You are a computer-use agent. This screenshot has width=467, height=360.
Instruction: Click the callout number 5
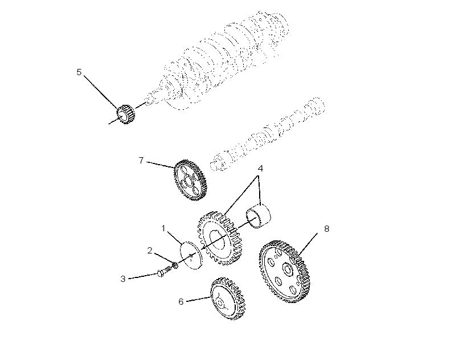click(x=79, y=72)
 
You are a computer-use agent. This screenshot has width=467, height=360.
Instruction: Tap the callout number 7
click(x=141, y=161)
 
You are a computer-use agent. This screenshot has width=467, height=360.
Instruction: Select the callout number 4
click(x=260, y=169)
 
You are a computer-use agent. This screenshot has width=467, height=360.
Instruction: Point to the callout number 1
click(x=163, y=228)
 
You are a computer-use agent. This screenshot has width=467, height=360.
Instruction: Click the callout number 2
click(x=150, y=251)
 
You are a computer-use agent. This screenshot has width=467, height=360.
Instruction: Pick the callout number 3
click(x=123, y=279)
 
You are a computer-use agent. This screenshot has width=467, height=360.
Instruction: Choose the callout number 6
click(x=181, y=302)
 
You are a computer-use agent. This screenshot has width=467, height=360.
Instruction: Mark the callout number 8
click(x=327, y=228)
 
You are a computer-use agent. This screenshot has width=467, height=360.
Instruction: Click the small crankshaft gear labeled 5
click(x=125, y=114)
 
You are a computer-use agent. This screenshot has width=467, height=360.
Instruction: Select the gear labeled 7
click(x=190, y=180)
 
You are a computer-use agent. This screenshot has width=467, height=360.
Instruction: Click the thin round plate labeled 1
click(x=191, y=255)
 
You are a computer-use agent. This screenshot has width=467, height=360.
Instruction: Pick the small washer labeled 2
click(x=175, y=264)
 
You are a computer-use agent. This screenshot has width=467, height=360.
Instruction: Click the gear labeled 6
click(x=228, y=298)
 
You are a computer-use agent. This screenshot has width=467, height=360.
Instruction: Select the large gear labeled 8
click(x=284, y=271)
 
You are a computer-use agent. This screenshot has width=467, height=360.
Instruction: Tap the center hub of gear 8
click(x=288, y=269)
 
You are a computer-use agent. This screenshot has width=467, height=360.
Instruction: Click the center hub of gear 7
click(x=189, y=181)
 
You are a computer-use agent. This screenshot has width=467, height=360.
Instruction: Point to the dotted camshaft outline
click(x=267, y=134)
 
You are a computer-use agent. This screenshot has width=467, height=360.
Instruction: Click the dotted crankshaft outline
click(x=216, y=60)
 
